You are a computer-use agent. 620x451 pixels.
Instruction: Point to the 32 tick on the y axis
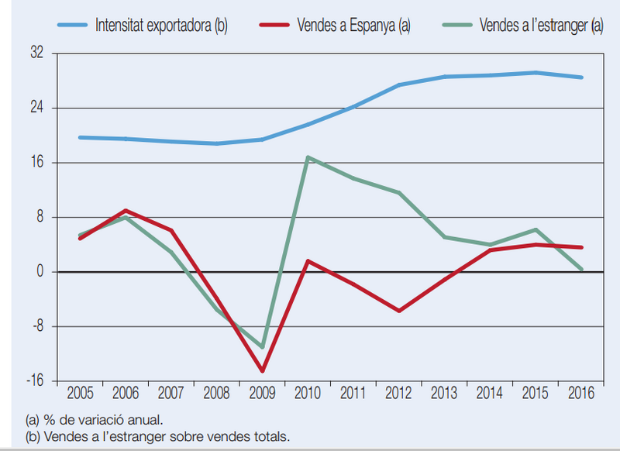[x=36, y=53]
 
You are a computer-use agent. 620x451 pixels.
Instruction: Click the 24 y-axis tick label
[x=36, y=107]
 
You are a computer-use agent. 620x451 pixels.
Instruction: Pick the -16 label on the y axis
[x=35, y=380]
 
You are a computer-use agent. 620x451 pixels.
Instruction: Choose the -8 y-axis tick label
[x=37, y=325]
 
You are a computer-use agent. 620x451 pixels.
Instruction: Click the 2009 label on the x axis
[x=262, y=393]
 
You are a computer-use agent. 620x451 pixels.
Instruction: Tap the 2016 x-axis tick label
[x=580, y=393]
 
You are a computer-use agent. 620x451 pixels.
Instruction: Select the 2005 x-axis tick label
[x=81, y=393]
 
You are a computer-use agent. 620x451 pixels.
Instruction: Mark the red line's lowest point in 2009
[x=262, y=370]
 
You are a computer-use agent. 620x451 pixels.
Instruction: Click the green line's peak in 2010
[x=308, y=157]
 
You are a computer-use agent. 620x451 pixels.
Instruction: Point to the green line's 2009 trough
[x=262, y=347]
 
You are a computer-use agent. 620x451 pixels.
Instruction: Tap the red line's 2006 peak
[x=126, y=210]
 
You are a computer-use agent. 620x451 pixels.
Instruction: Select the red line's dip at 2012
[x=399, y=311]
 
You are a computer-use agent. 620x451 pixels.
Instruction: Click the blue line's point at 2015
[x=536, y=72]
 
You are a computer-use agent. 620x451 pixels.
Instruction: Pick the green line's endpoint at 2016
[x=580, y=270]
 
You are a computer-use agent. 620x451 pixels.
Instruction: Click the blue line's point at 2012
[x=399, y=84]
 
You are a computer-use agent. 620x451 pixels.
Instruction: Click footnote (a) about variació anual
[x=94, y=419]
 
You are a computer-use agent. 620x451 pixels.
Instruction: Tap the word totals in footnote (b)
[x=273, y=437]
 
